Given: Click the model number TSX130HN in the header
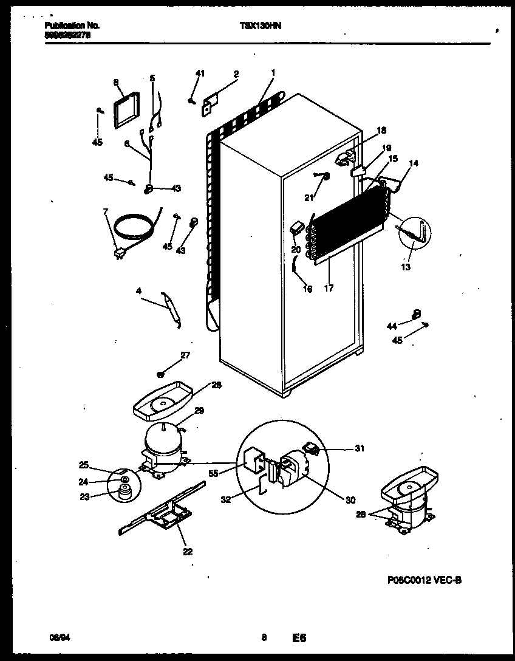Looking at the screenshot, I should tap(261, 26).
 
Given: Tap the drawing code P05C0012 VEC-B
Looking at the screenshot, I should tap(423, 581).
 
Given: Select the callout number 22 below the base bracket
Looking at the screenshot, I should tap(187, 552).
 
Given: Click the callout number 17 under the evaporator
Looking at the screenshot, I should tap(329, 289).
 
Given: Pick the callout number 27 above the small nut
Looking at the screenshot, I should tap(185, 355).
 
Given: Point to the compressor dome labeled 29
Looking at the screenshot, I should tap(162, 440).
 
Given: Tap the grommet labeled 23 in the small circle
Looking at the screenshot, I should tap(125, 493).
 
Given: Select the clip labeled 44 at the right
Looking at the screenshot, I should tap(417, 313).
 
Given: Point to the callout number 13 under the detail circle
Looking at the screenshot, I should tap(405, 267).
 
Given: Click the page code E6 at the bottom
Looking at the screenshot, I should tap(299, 638).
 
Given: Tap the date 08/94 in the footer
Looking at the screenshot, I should tap(57, 638).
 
